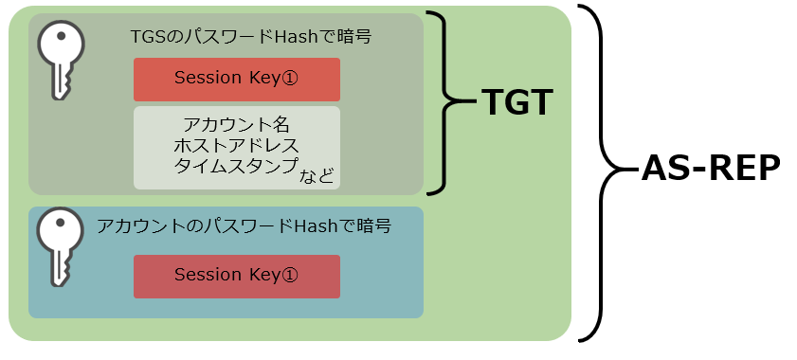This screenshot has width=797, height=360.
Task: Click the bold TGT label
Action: click(x=516, y=102)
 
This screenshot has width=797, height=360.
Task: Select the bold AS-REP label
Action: click(x=711, y=168)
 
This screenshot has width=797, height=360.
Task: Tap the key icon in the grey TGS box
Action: click(x=61, y=60)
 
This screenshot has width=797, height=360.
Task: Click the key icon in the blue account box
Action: click(x=60, y=246)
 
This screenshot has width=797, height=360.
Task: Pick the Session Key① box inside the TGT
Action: click(x=237, y=80)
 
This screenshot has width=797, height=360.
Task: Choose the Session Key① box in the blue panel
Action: click(x=237, y=277)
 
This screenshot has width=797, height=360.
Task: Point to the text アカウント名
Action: click(x=236, y=125)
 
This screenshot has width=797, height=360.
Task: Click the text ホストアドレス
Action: click(x=236, y=146)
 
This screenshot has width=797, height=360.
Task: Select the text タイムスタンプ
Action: click(x=235, y=167)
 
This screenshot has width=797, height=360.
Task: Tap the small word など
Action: click(x=317, y=176)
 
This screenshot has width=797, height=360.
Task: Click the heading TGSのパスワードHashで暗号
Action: click(x=251, y=37)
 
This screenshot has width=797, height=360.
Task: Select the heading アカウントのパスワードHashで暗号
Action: click(x=244, y=225)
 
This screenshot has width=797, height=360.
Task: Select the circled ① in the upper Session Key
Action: click(x=289, y=79)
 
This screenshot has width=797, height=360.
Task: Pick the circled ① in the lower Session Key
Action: click(x=289, y=275)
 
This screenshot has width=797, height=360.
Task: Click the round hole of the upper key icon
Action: click(x=61, y=36)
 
